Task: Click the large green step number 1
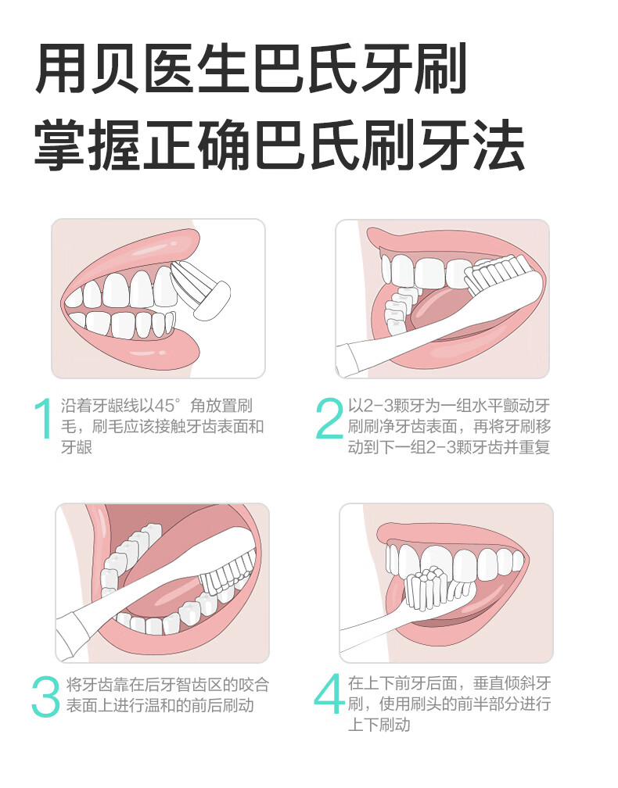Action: pyautogui.click(x=44, y=418)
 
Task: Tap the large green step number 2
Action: pyautogui.click(x=330, y=418)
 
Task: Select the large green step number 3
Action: pyautogui.click(x=45, y=696)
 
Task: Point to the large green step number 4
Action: pyautogui.click(x=329, y=693)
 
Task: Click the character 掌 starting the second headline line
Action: pyautogui.click(x=59, y=145)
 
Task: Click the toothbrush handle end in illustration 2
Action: pyautogui.click(x=348, y=360)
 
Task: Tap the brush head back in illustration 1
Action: pyautogui.click(x=212, y=300)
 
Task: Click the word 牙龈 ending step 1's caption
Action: pyautogui.click(x=77, y=447)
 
